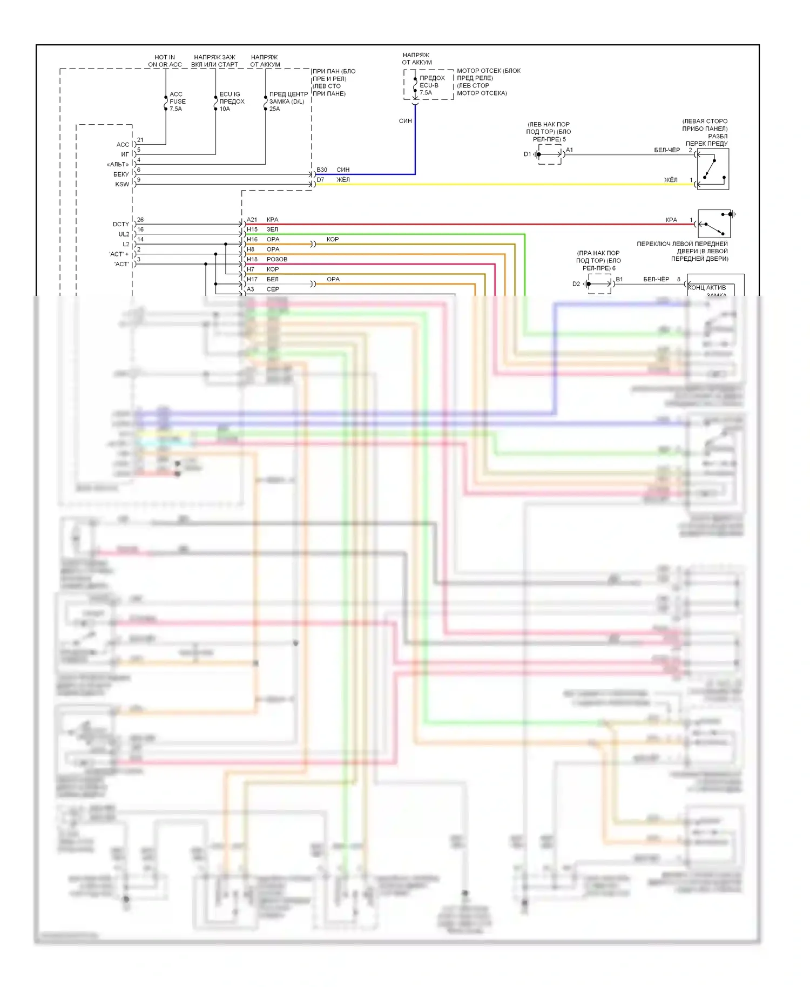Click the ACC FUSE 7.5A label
177,102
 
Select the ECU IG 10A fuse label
232,102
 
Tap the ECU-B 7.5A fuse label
430,85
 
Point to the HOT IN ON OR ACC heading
165,61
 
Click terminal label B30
322,170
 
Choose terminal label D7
321,180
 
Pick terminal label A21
252,220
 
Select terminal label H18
252,259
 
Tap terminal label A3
251,289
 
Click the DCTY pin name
121,224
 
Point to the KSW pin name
122,184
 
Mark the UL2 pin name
124,234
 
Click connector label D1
528,154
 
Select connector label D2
576,284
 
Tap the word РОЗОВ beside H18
277,259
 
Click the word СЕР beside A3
273,289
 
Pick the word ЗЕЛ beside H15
272,229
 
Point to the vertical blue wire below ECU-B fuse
415,146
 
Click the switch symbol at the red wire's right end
714,224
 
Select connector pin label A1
569,150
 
